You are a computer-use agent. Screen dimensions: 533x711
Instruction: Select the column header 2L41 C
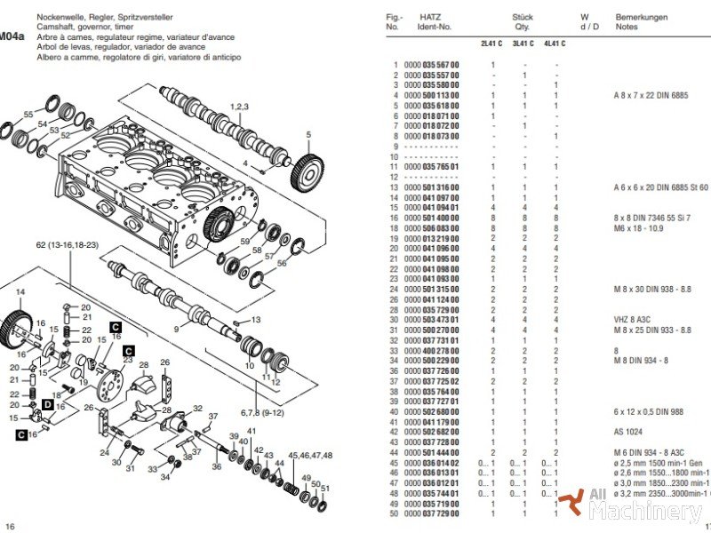pos(491,43)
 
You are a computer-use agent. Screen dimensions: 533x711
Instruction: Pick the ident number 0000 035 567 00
pos(432,65)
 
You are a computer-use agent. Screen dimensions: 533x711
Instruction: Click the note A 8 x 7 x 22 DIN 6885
pos(657,95)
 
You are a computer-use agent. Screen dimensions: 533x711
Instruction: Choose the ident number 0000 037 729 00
pos(432,514)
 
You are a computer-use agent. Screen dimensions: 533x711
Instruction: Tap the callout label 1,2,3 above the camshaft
pos(239,107)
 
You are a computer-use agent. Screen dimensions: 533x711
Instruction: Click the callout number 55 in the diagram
pos(28,115)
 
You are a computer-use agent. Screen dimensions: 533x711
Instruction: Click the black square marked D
pos(47,404)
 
